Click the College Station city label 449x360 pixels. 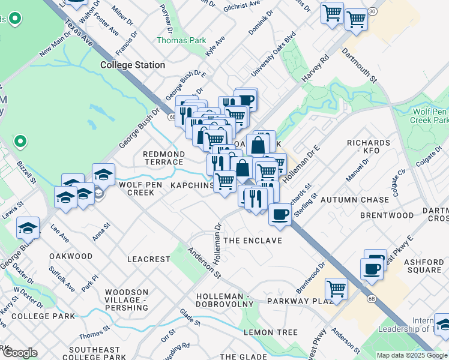coord(133,65)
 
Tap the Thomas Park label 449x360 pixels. coord(181,41)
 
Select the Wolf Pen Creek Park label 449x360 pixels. coord(431,116)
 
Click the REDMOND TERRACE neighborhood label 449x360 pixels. coord(163,158)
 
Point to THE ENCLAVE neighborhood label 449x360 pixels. coord(252,241)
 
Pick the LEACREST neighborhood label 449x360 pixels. coord(149,259)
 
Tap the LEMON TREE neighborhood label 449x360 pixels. coord(270,332)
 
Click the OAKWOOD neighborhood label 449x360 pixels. coord(71,256)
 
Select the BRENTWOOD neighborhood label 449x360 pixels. coord(387,215)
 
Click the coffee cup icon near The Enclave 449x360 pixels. coord(280,215)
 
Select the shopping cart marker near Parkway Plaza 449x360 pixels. coord(336,289)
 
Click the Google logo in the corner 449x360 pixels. coord(19,352)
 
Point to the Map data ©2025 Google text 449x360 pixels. coord(411,355)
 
